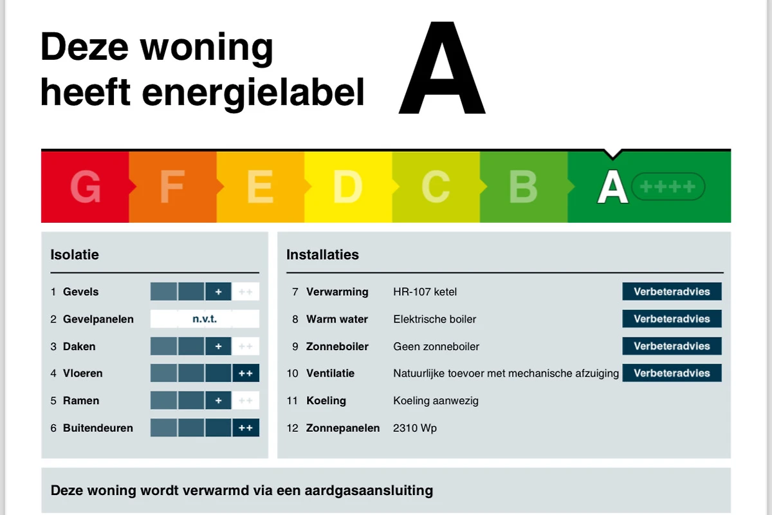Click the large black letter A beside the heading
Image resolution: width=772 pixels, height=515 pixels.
(x=442, y=68)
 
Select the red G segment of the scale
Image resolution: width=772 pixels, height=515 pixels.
(x=85, y=187)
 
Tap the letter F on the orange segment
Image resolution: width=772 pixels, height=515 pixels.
(x=172, y=187)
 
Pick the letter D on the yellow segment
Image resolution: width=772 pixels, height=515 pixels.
(x=347, y=187)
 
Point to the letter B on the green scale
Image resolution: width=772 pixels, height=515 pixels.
(x=523, y=187)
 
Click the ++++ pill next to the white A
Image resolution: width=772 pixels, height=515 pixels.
(x=668, y=187)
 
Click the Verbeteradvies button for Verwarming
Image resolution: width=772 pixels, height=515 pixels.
(x=672, y=292)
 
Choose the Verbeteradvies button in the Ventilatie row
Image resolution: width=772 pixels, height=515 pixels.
(x=672, y=373)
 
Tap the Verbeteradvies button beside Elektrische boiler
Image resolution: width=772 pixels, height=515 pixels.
(x=672, y=319)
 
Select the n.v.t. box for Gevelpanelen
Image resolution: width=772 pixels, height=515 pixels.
(x=205, y=319)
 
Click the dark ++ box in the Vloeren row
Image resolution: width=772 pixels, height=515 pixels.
(x=246, y=373)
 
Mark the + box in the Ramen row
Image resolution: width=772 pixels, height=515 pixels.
(x=218, y=400)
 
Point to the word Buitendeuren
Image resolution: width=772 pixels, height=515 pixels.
(x=98, y=428)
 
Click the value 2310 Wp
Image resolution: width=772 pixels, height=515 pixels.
(x=415, y=428)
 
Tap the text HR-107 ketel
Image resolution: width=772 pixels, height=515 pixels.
(x=425, y=292)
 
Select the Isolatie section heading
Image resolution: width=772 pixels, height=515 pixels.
(x=75, y=254)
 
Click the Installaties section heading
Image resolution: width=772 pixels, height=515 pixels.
(x=322, y=254)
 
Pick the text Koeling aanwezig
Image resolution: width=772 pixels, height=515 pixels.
(x=436, y=401)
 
